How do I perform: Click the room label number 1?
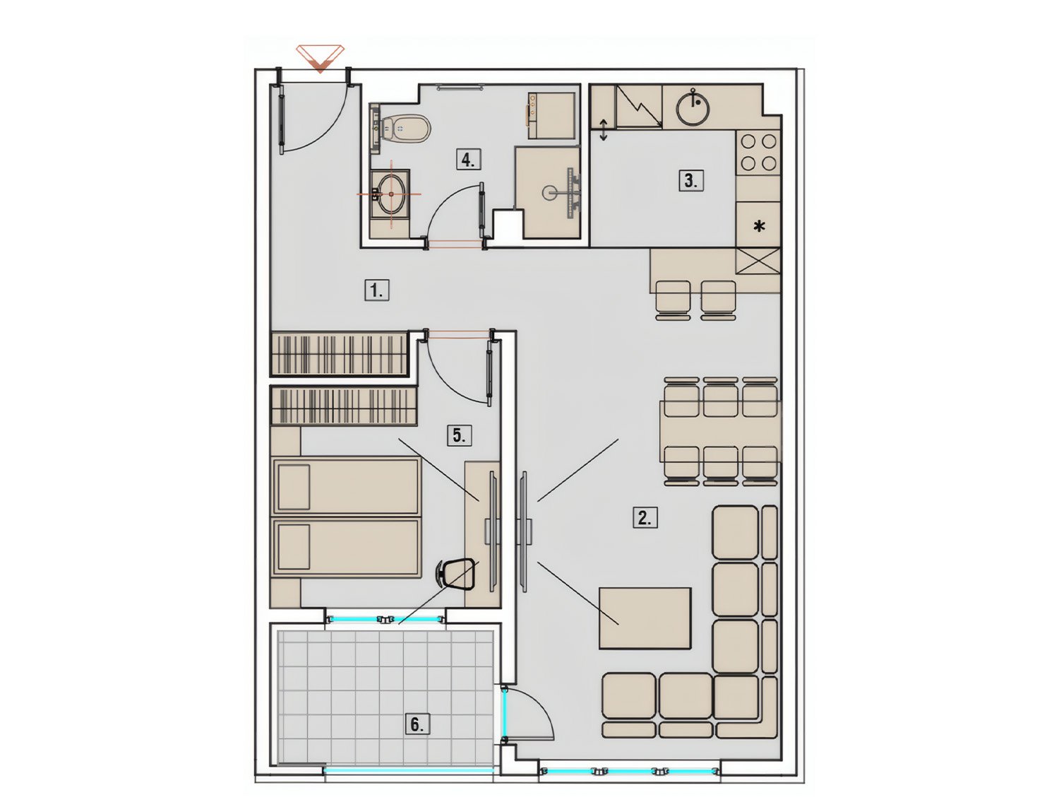point(376,290)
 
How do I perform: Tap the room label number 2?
point(645,518)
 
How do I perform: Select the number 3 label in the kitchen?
point(691,181)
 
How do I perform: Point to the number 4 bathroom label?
point(468,159)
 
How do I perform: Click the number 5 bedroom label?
point(460,435)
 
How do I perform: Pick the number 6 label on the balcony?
point(417,724)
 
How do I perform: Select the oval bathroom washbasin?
point(390,194)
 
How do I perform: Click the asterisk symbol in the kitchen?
point(760,225)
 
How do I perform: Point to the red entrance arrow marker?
point(321,57)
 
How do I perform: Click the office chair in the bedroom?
point(455,574)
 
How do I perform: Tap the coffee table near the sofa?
point(645,618)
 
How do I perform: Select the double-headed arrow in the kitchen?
point(604,130)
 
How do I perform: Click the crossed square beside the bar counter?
point(758,261)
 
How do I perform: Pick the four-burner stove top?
point(758,153)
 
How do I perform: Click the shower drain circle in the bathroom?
point(549,193)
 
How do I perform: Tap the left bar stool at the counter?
point(673,300)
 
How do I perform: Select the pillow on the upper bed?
point(294,487)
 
